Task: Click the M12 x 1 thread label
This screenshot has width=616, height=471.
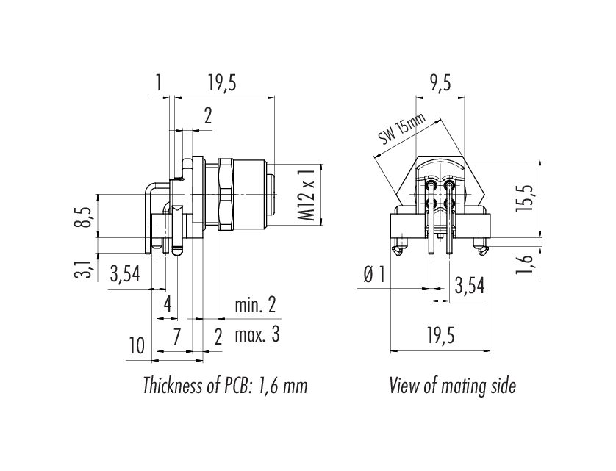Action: point(309,195)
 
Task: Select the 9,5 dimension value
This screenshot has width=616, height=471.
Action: point(440,83)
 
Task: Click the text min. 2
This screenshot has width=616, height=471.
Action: point(255,305)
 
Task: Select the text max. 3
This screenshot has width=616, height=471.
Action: point(257,335)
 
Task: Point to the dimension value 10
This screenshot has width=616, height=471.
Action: point(137,346)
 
